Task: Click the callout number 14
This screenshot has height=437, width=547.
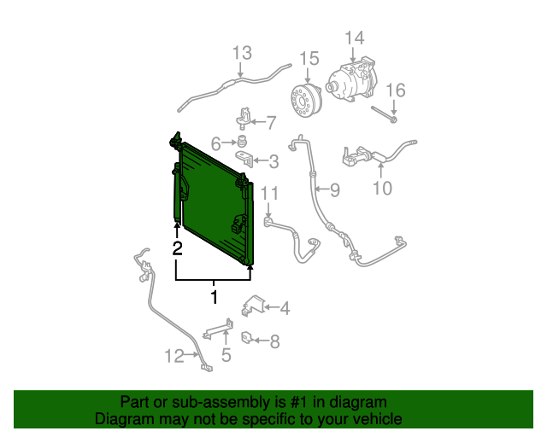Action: pyautogui.click(x=355, y=38)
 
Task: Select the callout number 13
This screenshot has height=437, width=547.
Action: pyautogui.click(x=242, y=53)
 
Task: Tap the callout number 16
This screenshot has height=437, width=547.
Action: pyautogui.click(x=396, y=90)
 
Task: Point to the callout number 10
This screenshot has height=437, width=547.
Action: pyautogui.click(x=382, y=189)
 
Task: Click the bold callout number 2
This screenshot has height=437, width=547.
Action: pyautogui.click(x=177, y=248)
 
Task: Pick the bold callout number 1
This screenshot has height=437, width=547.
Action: pyautogui.click(x=215, y=297)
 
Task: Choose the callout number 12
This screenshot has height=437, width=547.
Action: pyautogui.click(x=174, y=356)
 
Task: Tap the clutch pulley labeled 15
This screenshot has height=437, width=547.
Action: pyautogui.click(x=306, y=101)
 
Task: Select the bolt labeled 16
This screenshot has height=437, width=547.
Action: pyautogui.click(x=384, y=114)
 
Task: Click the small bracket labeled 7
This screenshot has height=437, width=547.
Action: pyautogui.click(x=244, y=118)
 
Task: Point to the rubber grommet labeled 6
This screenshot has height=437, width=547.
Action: pyautogui.click(x=241, y=142)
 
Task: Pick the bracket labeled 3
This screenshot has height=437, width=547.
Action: pyautogui.click(x=244, y=158)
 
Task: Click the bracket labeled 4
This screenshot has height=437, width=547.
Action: pyautogui.click(x=254, y=306)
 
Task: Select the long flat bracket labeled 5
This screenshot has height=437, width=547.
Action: pyautogui.click(x=219, y=329)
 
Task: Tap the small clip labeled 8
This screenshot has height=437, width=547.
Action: pyautogui.click(x=246, y=337)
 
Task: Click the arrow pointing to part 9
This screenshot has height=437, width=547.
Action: pyautogui.click(x=321, y=189)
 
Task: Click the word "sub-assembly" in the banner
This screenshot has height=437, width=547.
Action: pyautogui.click(x=221, y=402)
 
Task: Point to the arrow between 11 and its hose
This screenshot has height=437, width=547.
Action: pyautogui.click(x=268, y=210)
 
